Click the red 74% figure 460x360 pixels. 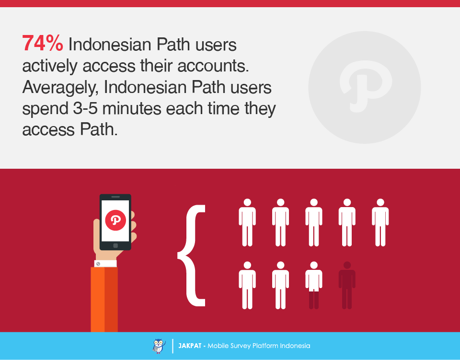[43, 44]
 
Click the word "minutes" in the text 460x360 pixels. [132, 108]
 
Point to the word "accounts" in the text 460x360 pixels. [213, 66]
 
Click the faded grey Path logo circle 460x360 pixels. [364, 87]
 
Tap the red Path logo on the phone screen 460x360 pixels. [115, 220]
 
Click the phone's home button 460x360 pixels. [115, 245]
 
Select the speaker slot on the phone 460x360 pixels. [115, 197]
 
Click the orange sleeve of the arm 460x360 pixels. [104, 299]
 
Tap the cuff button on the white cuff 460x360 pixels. [98, 264]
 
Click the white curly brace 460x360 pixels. [191, 255]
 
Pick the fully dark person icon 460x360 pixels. [347, 285]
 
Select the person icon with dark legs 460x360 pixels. [314, 285]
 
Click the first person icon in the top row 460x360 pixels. [247, 222]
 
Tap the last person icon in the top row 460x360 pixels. [380, 222]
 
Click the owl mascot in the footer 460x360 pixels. [159, 346]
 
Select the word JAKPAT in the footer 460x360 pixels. [190, 346]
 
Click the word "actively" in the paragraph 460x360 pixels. [50, 66]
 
